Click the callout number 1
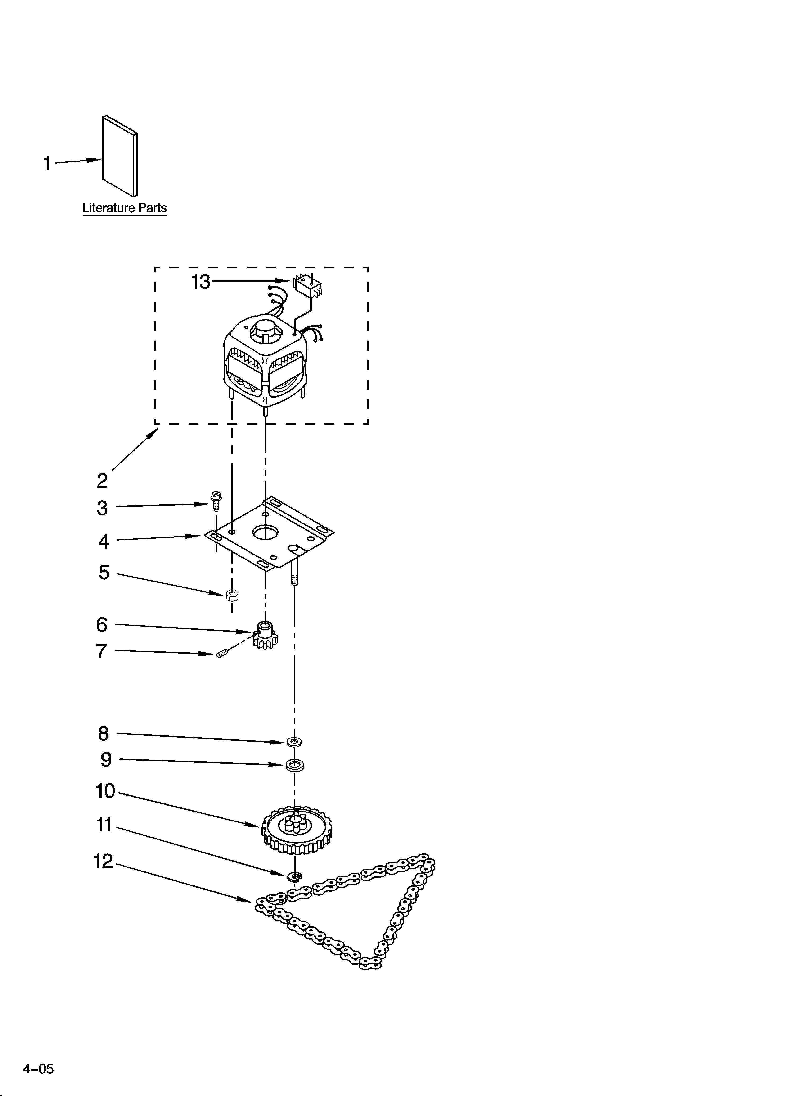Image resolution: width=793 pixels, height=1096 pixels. [47, 164]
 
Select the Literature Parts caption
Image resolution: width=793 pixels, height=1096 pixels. [125, 208]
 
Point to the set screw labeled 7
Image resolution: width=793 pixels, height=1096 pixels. [221, 655]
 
